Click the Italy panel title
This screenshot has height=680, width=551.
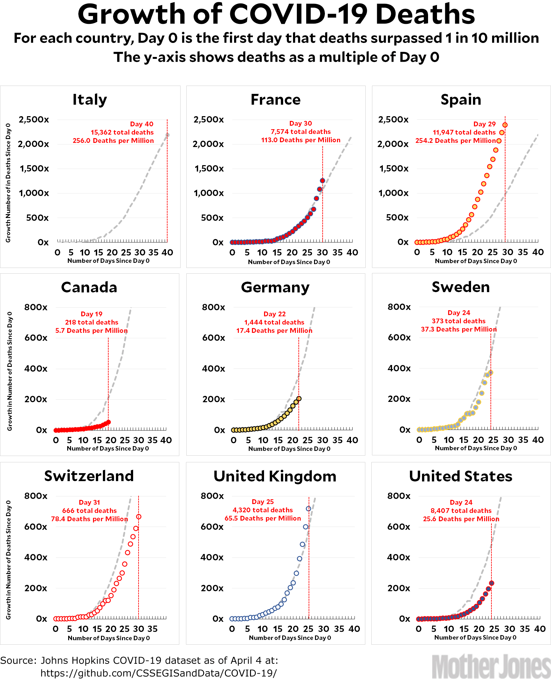[90, 100]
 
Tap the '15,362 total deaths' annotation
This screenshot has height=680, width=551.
[122, 132]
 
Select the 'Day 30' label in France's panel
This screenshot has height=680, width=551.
[300, 123]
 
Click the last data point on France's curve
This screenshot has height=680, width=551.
[322, 181]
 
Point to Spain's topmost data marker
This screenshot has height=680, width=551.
[505, 125]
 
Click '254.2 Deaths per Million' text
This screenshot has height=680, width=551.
[455, 141]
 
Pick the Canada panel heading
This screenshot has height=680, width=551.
[89, 287]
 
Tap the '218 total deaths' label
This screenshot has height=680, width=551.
[92, 322]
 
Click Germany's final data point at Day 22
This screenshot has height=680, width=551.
[299, 398]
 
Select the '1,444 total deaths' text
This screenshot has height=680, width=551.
[274, 322]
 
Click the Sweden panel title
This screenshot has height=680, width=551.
[461, 287]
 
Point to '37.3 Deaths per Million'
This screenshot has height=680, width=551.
[459, 329]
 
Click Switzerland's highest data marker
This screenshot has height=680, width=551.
[139, 517]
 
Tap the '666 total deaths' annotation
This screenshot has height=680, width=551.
[89, 511]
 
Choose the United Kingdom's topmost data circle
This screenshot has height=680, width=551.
[308, 509]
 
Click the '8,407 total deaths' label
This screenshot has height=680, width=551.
[461, 511]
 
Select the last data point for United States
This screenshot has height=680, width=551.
[491, 583]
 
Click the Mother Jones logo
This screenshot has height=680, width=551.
[491, 667]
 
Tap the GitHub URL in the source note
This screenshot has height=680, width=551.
[159, 673]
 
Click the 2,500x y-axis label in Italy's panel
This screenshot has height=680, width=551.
[34, 120]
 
